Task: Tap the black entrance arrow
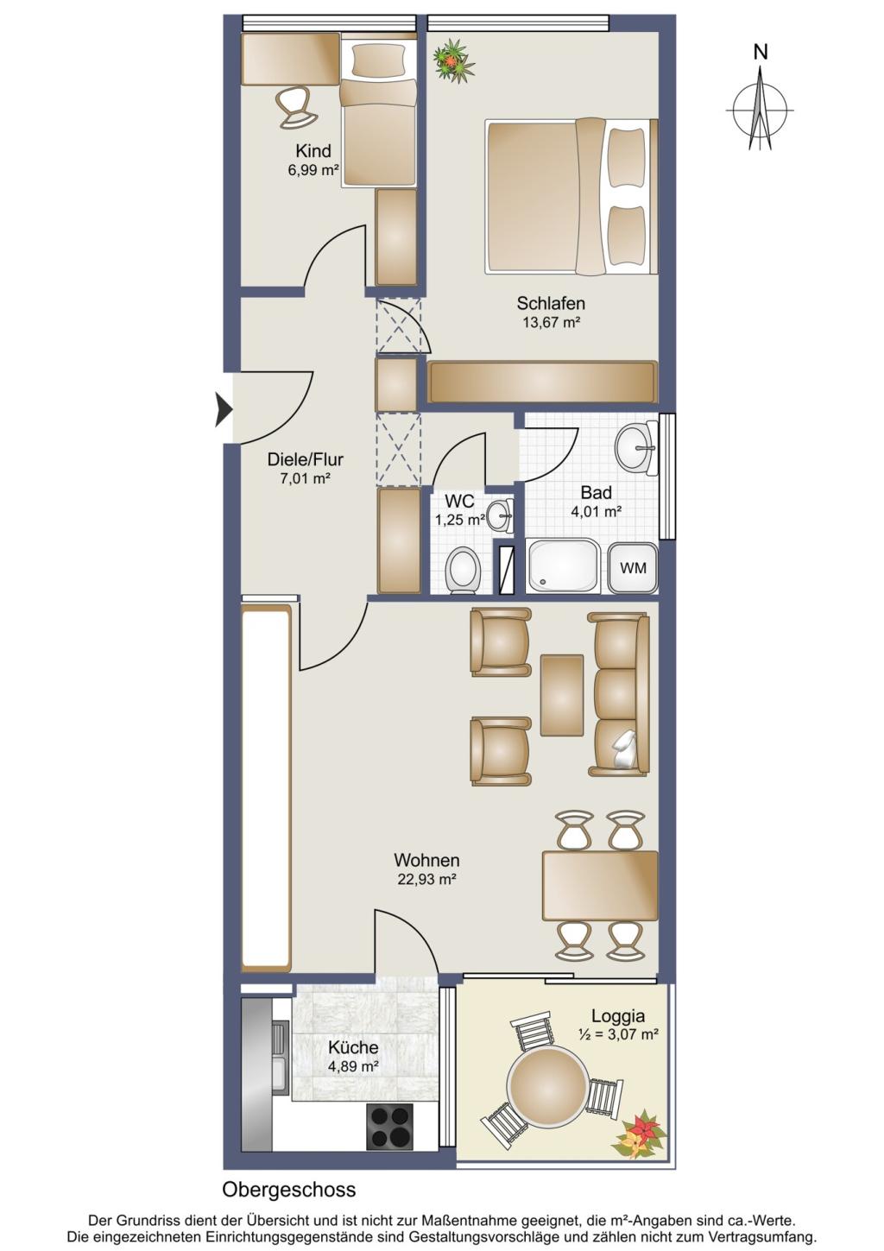[x=224, y=410]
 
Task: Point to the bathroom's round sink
[x=636, y=447]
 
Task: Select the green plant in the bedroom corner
[x=455, y=60]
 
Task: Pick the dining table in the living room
[x=600, y=886]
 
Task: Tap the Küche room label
[x=353, y=1047]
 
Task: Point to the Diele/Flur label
[x=306, y=459]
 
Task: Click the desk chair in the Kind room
[x=296, y=108]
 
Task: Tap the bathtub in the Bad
[x=564, y=565]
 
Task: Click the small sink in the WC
[x=499, y=513]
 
